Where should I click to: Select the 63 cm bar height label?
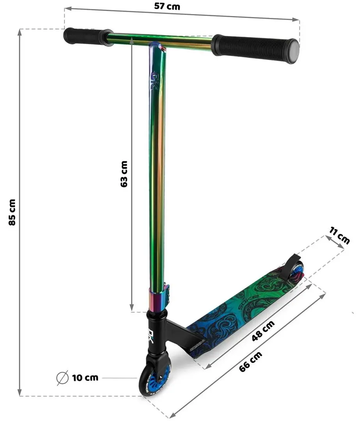124,174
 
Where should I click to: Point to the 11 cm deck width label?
339,236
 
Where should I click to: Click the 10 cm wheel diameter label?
85,377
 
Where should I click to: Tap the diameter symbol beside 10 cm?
63,377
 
